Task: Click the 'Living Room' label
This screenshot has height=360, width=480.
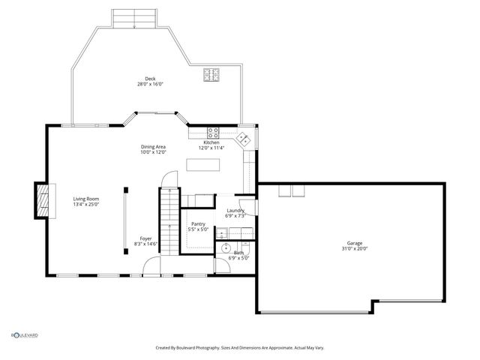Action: (86, 198)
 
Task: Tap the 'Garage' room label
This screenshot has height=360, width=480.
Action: (354, 243)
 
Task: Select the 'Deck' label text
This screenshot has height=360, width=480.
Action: (150, 79)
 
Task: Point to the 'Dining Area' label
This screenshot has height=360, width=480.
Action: (153, 146)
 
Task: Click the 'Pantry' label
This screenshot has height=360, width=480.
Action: (199, 223)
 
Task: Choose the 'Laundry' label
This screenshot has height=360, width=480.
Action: (236, 211)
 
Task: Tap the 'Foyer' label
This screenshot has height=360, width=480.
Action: (145, 238)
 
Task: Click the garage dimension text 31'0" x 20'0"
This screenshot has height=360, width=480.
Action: (354, 249)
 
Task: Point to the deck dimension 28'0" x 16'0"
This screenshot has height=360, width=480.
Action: (150, 85)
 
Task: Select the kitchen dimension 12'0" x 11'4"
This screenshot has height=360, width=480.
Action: (211, 148)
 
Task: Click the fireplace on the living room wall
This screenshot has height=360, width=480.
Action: (44, 200)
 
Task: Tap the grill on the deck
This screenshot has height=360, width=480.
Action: (211, 74)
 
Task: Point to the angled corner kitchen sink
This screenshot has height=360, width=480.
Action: (244, 139)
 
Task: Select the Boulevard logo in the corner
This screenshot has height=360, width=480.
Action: (24, 335)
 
